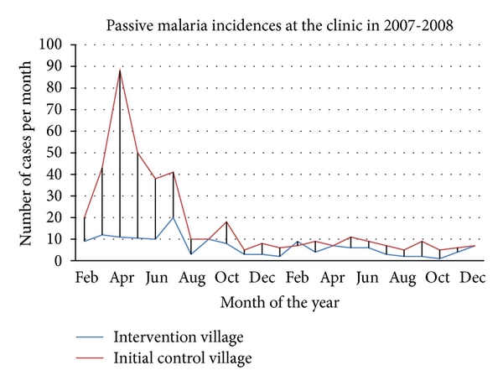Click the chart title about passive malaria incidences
[280, 24]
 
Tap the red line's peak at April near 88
[120, 70]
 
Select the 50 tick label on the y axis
[56, 153]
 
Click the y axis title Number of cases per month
[27, 153]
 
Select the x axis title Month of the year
[281, 299]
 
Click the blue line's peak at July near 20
[174, 217]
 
